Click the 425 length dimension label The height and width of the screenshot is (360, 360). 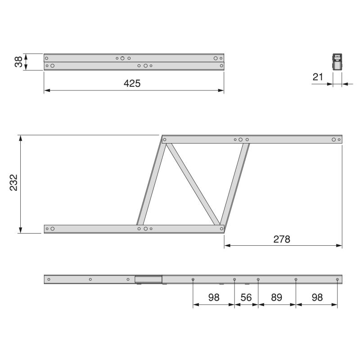(x=133, y=84)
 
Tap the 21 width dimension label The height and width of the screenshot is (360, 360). (x=318, y=77)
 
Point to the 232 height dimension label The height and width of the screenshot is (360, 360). (x=13, y=183)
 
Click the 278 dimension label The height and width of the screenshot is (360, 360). (x=282, y=239)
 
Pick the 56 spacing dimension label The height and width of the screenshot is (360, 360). (x=246, y=298)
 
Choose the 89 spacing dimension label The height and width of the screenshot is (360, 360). (x=276, y=298)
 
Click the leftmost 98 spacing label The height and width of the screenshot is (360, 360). (x=213, y=298)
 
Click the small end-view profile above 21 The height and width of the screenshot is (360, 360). (x=337, y=62)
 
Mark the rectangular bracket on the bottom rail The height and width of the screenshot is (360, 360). (x=148, y=279)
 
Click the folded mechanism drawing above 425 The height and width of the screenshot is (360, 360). (x=134, y=62)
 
